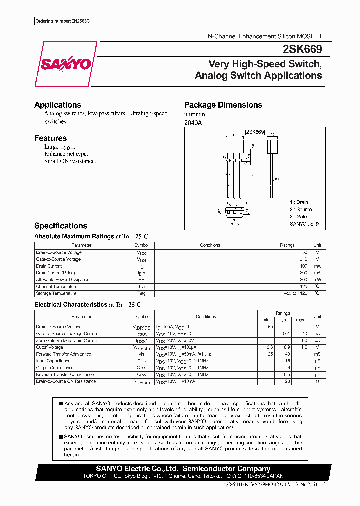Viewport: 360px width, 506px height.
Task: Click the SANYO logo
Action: click(x=65, y=64)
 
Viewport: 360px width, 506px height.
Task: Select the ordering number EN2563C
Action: click(x=65, y=22)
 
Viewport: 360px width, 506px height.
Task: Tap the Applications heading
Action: click(x=58, y=105)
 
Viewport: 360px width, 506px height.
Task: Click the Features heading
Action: click(x=50, y=138)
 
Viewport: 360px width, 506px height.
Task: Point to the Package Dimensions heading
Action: click(x=223, y=105)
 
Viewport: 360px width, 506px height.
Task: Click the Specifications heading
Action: click(x=60, y=226)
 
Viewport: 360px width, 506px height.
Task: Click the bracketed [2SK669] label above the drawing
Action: click(x=254, y=132)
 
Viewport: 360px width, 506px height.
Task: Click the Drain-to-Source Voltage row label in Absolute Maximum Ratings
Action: click(x=58, y=252)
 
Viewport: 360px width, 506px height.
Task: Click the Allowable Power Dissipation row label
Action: click(x=63, y=280)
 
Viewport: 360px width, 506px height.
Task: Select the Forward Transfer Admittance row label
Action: click(x=63, y=354)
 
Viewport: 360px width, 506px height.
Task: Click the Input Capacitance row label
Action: click(x=54, y=361)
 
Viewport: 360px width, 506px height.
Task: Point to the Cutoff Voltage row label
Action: click(x=50, y=347)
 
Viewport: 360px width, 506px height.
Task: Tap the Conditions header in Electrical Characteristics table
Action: click(x=206, y=317)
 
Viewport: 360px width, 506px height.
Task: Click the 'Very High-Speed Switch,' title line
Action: click(x=265, y=64)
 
